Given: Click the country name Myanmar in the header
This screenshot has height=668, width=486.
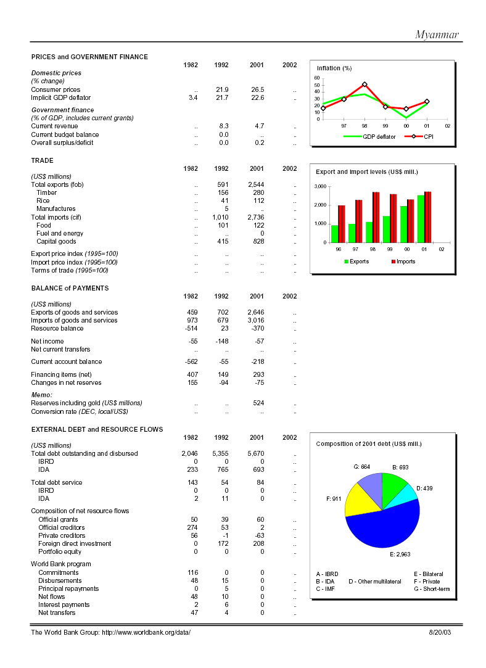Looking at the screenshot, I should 437,35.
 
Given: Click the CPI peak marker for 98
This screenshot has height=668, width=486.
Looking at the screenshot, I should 364,85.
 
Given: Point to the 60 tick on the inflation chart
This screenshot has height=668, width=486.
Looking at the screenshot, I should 317,78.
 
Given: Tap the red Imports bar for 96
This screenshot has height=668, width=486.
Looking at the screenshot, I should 342,224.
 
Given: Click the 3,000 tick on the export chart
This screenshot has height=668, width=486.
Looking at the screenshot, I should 320,186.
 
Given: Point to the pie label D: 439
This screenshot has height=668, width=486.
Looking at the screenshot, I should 424,489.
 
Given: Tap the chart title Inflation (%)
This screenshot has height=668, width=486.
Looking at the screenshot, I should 334,68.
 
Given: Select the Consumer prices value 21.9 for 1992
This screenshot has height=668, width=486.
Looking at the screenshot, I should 222,89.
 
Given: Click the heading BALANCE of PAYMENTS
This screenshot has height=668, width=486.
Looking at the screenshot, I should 70,288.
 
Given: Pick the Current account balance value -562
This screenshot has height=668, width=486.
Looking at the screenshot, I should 191,361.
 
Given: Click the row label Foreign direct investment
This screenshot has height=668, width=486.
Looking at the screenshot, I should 75,543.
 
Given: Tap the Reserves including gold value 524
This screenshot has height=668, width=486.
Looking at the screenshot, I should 258,403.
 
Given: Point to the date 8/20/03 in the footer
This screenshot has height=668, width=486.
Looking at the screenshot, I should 440,633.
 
